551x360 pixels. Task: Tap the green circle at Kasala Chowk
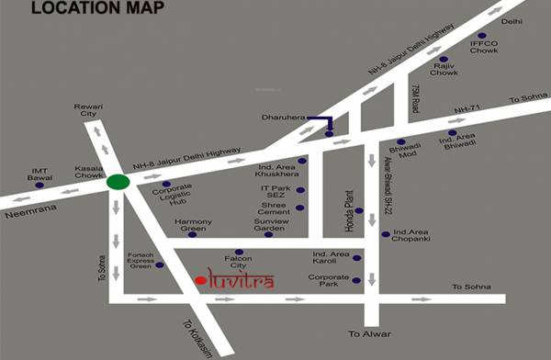117,182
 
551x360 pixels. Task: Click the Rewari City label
92,111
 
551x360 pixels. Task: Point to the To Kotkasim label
201,333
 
